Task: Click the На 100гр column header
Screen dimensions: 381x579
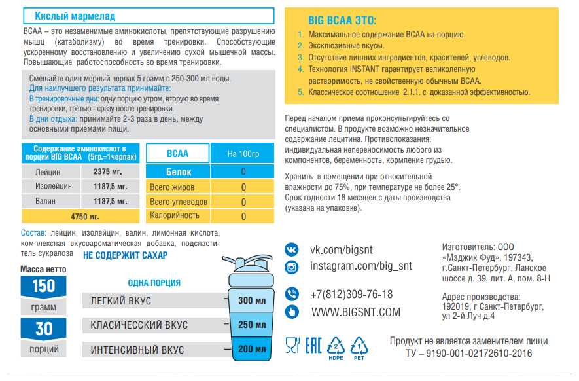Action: click(x=243, y=154)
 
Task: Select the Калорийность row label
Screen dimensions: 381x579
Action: click(x=175, y=215)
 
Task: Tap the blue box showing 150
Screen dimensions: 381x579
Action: click(x=44, y=286)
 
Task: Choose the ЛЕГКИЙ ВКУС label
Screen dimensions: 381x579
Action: click(x=120, y=300)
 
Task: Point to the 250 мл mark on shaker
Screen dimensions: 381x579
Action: click(x=251, y=325)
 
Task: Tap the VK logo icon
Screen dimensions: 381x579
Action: click(x=292, y=249)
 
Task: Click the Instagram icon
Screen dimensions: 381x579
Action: click(x=292, y=266)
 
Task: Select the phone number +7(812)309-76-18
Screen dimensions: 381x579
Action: click(x=352, y=294)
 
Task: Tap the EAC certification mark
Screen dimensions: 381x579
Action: click(x=314, y=345)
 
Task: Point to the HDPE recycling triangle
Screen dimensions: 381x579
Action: click(x=336, y=345)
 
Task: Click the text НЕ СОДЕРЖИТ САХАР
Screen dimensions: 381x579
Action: click(x=126, y=255)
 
